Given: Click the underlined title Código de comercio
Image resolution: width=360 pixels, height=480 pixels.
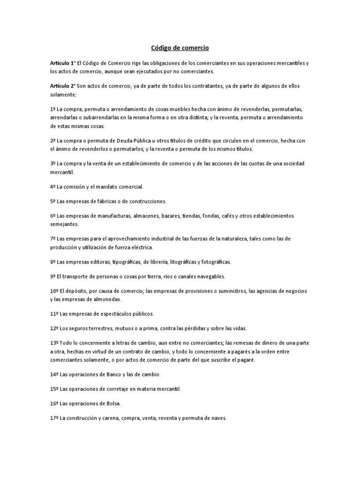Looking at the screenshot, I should click(180, 48).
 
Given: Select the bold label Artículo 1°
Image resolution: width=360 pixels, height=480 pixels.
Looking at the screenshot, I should click(63, 63).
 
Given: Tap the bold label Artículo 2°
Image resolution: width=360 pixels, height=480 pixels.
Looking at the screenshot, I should click(63, 86).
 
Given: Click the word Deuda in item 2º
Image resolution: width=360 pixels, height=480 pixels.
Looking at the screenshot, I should click(125, 140).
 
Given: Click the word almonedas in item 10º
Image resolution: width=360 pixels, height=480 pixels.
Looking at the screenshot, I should click(94, 299).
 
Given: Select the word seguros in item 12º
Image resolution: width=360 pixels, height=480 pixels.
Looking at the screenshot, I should click(78, 328).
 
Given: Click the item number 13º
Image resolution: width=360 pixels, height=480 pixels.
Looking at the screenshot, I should click(54, 343).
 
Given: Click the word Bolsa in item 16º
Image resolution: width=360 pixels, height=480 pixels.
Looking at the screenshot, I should click(108, 404).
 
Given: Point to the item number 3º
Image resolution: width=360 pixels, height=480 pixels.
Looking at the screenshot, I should click(53, 163).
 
